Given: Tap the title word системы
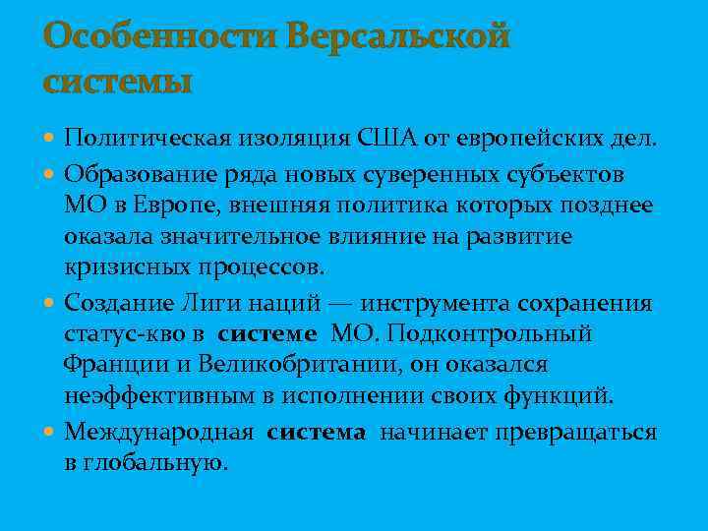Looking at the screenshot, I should [x=118, y=82].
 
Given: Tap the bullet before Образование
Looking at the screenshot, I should [x=50, y=173].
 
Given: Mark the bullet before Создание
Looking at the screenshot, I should [x=50, y=302].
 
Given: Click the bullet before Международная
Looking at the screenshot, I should [x=50, y=431].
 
